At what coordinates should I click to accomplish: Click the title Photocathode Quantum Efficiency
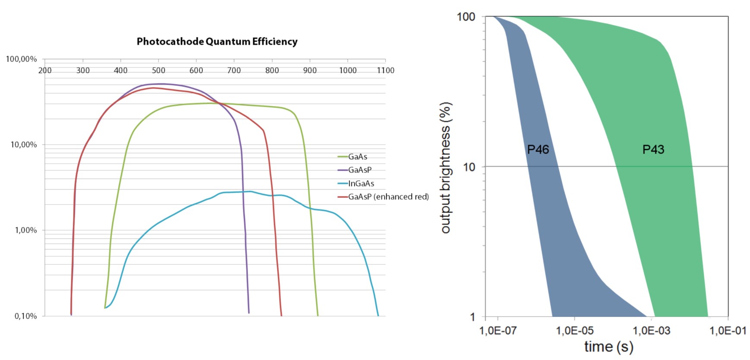click(217, 41)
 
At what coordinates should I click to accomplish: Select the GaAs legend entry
click(358, 157)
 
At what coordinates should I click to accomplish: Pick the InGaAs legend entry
click(361, 183)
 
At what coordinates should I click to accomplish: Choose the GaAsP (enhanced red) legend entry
click(388, 197)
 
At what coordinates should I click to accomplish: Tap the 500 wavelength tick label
click(158, 70)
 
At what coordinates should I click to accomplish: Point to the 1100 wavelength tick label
click(385, 70)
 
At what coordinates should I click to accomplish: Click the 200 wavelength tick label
click(45, 70)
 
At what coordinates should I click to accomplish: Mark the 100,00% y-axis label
click(22, 59)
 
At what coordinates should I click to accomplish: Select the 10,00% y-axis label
click(24, 145)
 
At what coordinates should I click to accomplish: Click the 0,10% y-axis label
click(26, 316)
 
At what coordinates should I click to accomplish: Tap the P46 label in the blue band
click(538, 150)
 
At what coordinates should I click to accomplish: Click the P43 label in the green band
click(653, 150)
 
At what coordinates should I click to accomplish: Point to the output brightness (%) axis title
click(446, 167)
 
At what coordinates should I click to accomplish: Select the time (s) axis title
click(608, 347)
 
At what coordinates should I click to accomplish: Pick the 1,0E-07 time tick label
click(498, 331)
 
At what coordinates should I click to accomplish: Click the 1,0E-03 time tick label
click(652, 331)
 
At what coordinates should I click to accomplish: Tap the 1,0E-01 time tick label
click(728, 331)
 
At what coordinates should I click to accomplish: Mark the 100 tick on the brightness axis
click(466, 17)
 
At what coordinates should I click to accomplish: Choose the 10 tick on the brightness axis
click(469, 167)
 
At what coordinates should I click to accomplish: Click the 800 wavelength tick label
click(272, 70)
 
